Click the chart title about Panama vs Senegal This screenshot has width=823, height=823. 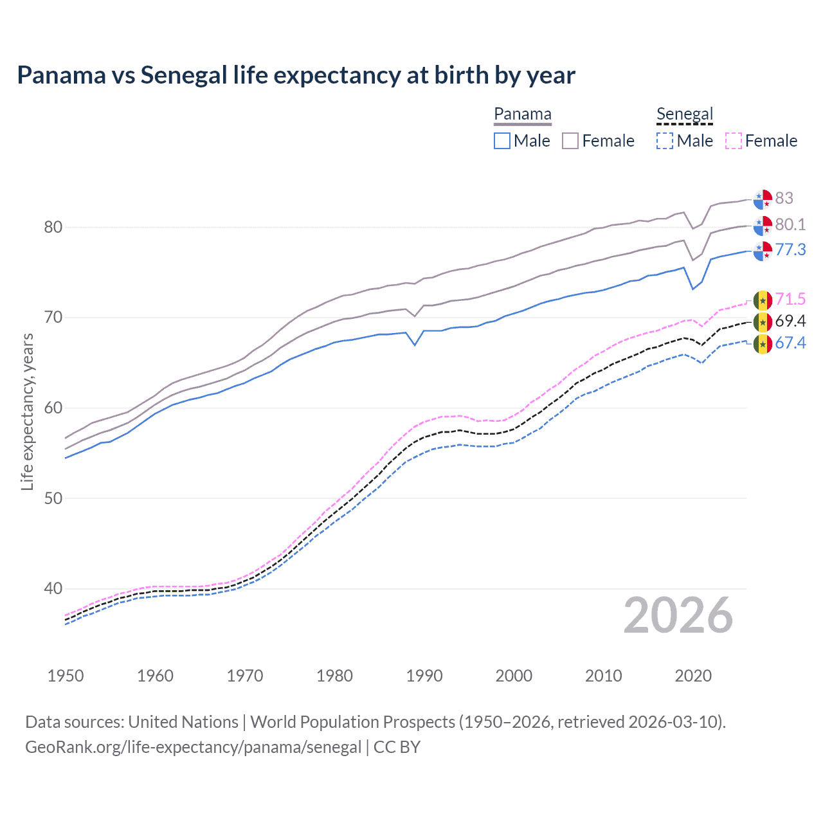coord(296,75)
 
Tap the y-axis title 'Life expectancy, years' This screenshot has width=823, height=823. coord(27,411)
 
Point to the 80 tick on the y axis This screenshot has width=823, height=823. coord(53,227)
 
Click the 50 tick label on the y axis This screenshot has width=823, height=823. coord(53,498)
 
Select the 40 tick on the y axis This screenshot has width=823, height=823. coord(53,588)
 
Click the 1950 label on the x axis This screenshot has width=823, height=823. coord(66,676)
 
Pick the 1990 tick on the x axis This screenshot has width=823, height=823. coord(424,676)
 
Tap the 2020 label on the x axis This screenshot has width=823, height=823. coord(693,676)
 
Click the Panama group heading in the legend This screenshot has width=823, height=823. coord(522,114)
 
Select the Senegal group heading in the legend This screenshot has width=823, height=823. coord(685,114)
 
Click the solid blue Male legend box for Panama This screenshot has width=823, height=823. coord(502,141)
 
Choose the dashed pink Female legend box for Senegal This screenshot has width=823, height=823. coord(733,141)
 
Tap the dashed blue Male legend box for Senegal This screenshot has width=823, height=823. coord(665,141)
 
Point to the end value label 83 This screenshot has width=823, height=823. coord(784,198)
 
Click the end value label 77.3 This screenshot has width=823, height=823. coord(790,249)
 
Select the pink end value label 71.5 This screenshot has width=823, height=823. coord(790,299)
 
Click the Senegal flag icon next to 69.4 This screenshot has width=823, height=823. coord(763,321)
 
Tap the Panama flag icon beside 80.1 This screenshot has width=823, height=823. coord(763,226)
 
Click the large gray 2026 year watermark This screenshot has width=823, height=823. coord(678,615)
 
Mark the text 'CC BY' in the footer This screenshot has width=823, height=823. coord(397,747)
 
